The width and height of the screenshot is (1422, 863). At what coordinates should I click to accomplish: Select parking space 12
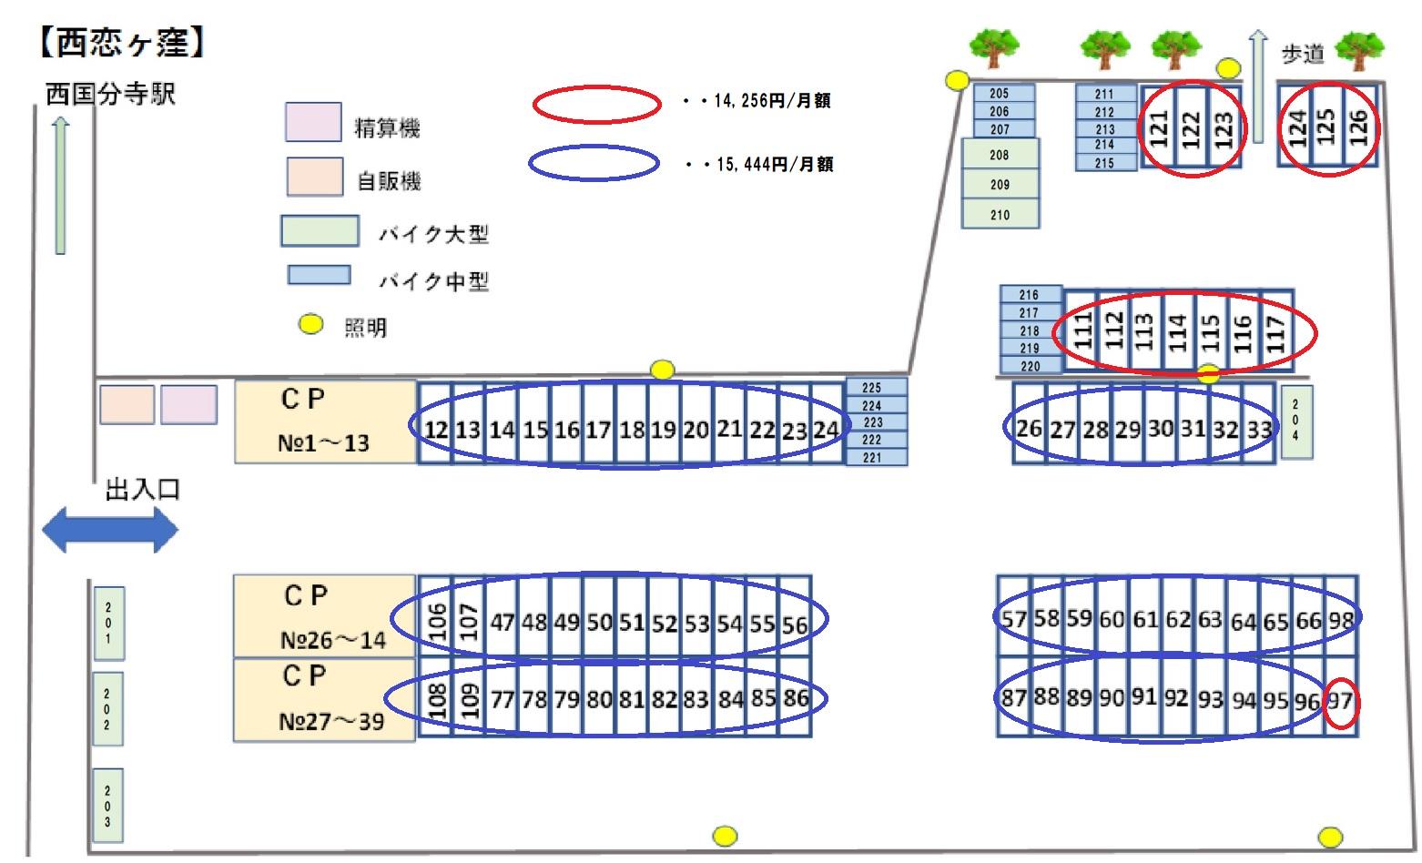click(x=436, y=429)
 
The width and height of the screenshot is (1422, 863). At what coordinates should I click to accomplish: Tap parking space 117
click(x=1276, y=332)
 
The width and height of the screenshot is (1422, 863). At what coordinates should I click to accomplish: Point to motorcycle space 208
click(x=1000, y=155)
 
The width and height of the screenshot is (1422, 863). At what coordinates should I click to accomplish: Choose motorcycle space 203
click(x=107, y=806)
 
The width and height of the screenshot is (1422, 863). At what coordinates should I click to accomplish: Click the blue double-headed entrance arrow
click(x=110, y=530)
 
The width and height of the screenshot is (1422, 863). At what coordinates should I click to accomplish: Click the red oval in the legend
click(x=596, y=105)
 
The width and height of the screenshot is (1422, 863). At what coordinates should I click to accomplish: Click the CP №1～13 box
click(x=325, y=421)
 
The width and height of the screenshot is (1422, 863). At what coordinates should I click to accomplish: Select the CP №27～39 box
click(x=325, y=698)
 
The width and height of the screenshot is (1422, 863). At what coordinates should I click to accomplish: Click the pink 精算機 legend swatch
click(x=313, y=122)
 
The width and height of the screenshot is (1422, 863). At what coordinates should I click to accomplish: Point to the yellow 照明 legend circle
click(x=311, y=324)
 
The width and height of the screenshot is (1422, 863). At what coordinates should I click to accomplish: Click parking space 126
click(x=1358, y=127)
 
